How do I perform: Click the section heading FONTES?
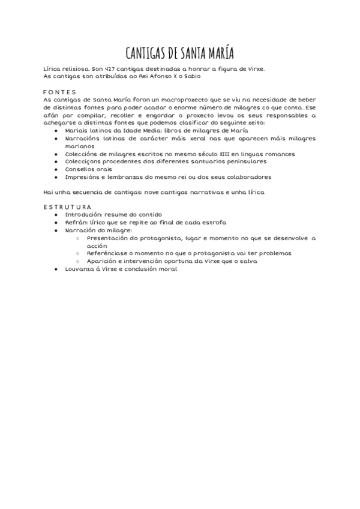(x=60, y=92)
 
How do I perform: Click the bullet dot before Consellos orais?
(x=56, y=169)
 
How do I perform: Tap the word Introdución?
(x=84, y=214)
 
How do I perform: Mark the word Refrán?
(x=77, y=222)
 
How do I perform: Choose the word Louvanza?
(x=82, y=269)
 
